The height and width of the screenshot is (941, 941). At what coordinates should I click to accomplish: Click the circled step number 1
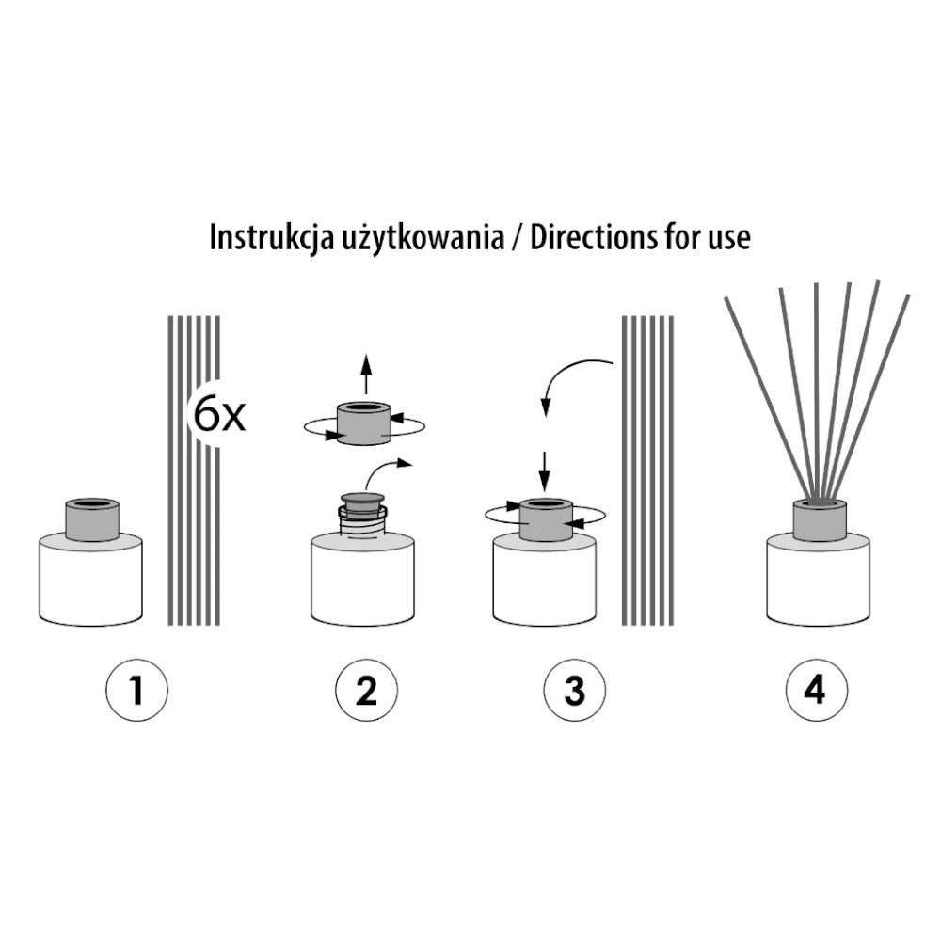pyautogui.click(x=136, y=690)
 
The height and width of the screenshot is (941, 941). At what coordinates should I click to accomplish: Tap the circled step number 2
pyautogui.click(x=366, y=690)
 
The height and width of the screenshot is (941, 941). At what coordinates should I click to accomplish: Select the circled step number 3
pyautogui.click(x=574, y=690)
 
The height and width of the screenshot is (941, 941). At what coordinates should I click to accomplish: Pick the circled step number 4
pyautogui.click(x=816, y=690)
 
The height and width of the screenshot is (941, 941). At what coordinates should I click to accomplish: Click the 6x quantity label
pyautogui.click(x=219, y=414)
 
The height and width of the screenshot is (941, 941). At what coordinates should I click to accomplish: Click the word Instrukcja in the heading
pyautogui.click(x=272, y=238)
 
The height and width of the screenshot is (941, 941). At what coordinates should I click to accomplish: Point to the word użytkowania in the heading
pyautogui.click(x=423, y=238)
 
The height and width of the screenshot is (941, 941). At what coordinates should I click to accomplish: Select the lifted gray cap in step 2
pyautogui.click(x=364, y=423)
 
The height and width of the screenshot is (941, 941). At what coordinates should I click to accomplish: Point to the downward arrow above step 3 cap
pyautogui.click(x=544, y=471)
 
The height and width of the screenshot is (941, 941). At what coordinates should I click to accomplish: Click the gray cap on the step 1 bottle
pyautogui.click(x=92, y=519)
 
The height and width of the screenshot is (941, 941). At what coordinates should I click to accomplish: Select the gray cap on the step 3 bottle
pyautogui.click(x=546, y=519)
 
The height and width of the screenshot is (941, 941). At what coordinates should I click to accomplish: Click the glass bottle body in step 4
pyautogui.click(x=818, y=581)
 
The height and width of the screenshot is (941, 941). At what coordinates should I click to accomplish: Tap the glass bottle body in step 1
pyautogui.click(x=90, y=581)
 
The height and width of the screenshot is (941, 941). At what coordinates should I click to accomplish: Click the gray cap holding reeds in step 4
pyautogui.click(x=820, y=519)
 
